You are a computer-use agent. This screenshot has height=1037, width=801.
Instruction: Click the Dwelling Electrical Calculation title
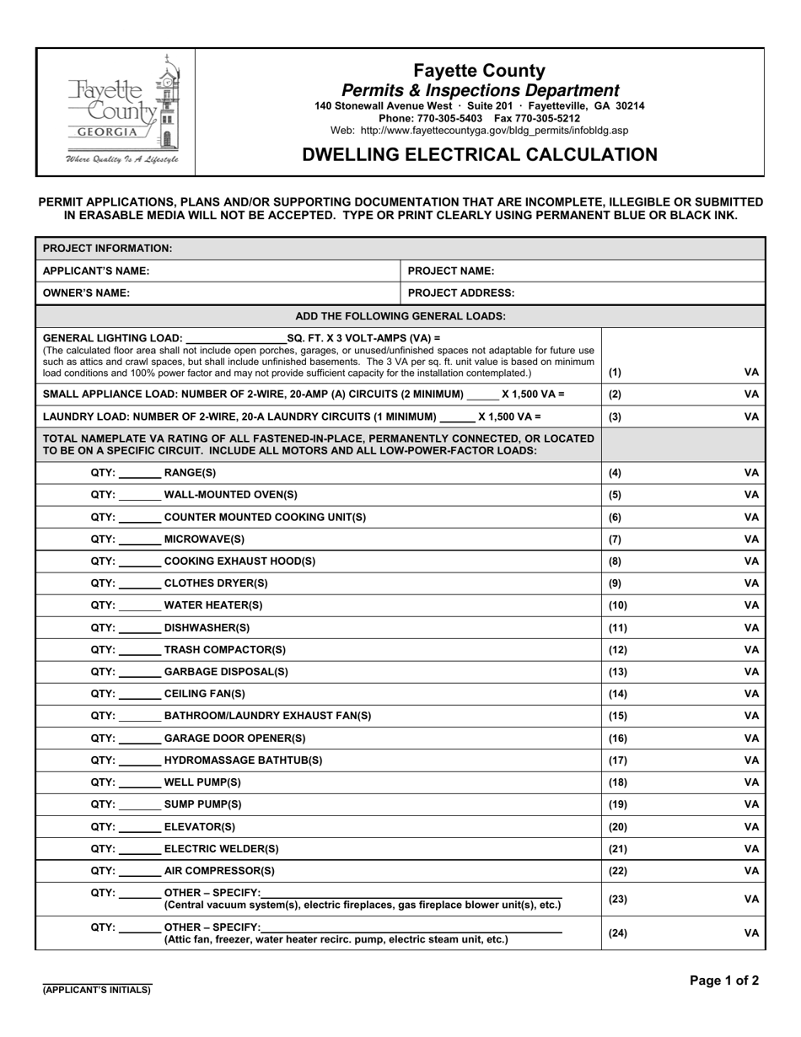coord(480,154)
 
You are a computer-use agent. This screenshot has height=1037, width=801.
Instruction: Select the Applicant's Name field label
coord(96,271)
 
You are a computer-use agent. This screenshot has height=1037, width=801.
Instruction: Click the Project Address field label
coord(461,293)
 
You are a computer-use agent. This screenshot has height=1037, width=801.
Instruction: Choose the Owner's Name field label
coord(86,293)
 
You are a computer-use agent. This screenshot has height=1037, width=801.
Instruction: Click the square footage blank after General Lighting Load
coord(234,339)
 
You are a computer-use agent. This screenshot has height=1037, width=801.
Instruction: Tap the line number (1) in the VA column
coord(615,372)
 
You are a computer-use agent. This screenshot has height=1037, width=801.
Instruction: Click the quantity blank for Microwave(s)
coord(139,540)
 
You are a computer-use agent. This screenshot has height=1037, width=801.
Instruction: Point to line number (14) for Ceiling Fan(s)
coord(617,694)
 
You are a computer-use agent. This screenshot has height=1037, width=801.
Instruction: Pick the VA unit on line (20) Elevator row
coord(751,827)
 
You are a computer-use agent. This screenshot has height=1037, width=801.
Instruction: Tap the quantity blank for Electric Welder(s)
coord(139,850)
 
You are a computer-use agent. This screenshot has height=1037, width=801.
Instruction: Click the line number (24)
coord(617,933)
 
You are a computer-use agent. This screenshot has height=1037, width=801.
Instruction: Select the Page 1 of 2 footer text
coord(723,981)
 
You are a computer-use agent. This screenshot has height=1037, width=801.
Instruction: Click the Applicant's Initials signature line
coord(97,983)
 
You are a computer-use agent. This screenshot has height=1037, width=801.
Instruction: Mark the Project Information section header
coord(107,249)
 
